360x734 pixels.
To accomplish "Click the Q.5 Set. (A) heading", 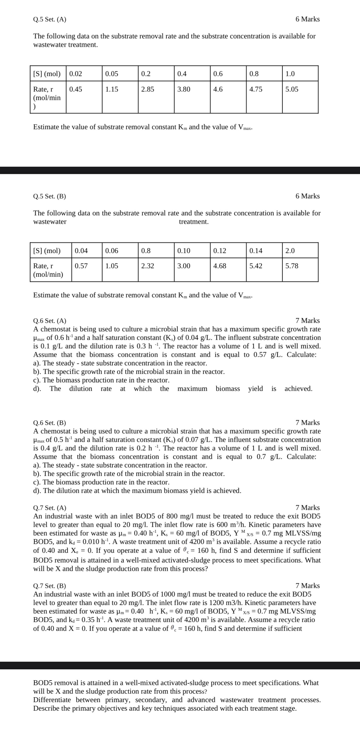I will coord(49,19).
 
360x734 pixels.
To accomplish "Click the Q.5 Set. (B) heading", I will coord(49,196).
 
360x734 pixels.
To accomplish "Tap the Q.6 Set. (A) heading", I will coord(49,321).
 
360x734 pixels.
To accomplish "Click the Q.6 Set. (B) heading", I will coord(49,423).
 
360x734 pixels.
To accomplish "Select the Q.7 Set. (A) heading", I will coord(49,508).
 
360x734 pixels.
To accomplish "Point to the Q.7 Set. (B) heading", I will coord(49,586).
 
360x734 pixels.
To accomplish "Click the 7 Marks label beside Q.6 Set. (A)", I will coord(307,321).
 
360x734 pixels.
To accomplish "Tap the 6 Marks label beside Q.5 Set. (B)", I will coord(307,196).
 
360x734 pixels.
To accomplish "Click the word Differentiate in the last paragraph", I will coord(52,700).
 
